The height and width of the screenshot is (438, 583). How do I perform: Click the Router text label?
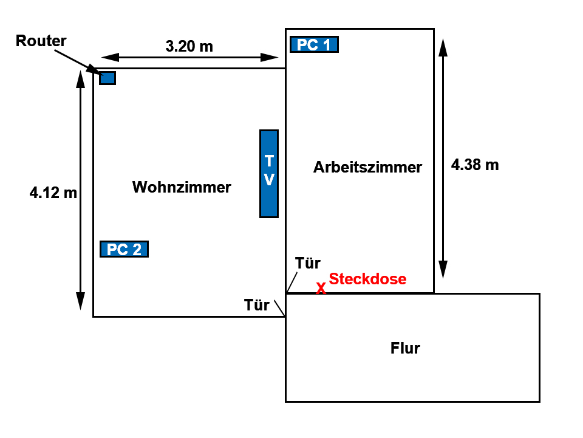point(41,41)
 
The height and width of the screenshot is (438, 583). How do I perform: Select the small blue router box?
point(107,78)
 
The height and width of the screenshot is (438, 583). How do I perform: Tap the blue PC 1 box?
point(314,44)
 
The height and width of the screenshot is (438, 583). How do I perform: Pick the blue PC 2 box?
point(124,249)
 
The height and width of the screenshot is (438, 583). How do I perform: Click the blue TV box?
point(269,174)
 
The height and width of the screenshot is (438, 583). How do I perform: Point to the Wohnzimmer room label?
point(182,187)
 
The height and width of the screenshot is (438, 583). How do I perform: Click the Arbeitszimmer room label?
point(368,167)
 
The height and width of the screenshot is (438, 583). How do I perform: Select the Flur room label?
point(405,348)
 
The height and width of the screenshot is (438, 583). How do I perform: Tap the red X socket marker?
point(321,288)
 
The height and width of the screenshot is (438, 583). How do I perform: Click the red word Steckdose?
point(368,279)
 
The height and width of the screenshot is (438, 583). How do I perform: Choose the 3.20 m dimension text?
point(189,47)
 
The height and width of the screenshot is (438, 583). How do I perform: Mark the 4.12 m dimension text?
point(53,193)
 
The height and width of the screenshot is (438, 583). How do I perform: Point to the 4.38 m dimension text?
point(475,165)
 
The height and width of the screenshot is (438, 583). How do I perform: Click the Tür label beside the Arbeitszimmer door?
point(308,263)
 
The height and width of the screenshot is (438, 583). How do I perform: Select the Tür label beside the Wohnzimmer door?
point(256,305)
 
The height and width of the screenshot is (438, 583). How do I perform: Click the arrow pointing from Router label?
point(80,63)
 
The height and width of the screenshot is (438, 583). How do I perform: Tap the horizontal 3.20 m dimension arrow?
point(189,57)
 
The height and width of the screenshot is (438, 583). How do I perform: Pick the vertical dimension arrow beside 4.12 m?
point(80,190)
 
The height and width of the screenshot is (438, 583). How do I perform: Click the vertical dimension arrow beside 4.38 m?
point(443,159)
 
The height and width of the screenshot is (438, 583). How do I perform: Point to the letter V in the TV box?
point(269,180)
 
